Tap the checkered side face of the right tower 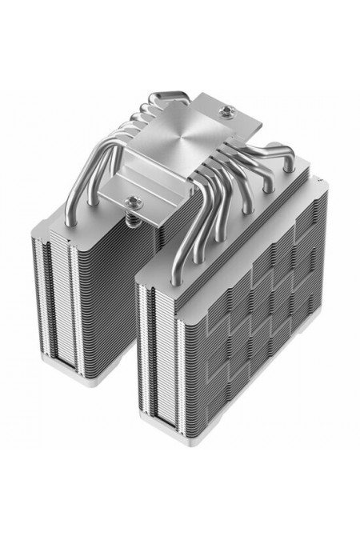click(256, 320)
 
